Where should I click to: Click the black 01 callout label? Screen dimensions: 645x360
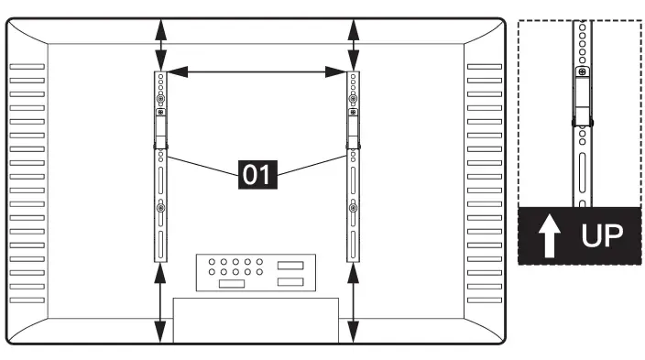point(258,174)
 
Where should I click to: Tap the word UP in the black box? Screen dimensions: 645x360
point(602,235)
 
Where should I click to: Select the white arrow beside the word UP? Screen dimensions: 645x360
point(550,235)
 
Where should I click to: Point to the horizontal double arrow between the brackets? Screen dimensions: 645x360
point(257,72)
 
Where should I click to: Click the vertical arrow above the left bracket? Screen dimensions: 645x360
point(161,45)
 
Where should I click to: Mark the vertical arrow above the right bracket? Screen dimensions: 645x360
point(354,45)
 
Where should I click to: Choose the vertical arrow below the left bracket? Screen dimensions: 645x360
point(160,303)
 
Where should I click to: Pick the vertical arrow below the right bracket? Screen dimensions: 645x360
point(353,303)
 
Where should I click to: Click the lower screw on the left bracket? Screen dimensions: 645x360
point(161,208)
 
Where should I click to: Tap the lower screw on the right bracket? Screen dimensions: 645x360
point(353,208)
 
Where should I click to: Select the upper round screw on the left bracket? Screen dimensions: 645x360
point(161,99)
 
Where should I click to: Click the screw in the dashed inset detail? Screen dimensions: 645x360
point(582,72)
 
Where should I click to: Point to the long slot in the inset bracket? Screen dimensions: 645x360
point(583,172)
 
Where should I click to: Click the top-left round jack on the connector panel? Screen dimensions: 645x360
point(212,262)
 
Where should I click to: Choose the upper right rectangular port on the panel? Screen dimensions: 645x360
point(290,266)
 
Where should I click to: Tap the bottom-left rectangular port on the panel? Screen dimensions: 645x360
point(232,283)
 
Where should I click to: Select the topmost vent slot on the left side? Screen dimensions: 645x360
point(27,67)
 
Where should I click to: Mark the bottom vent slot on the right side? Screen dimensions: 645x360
point(485,300)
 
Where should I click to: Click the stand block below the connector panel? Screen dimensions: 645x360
point(256,321)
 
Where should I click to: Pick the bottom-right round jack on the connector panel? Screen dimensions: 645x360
point(259,272)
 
